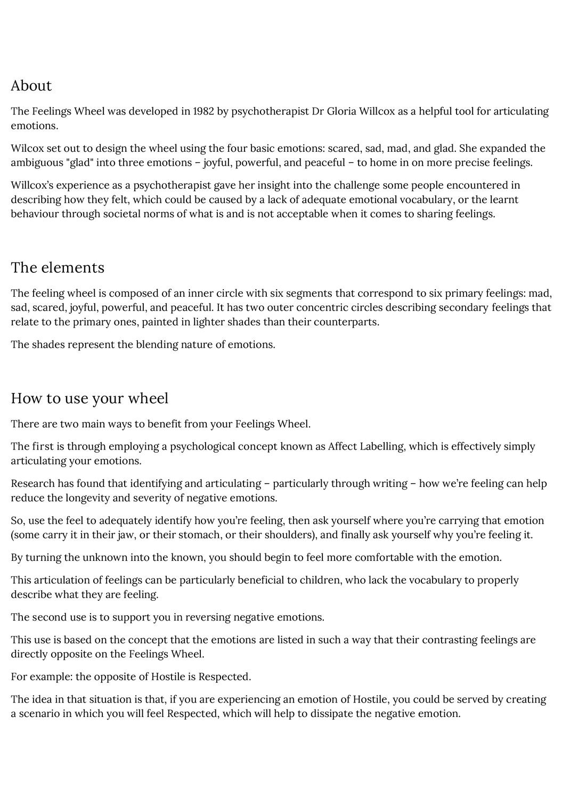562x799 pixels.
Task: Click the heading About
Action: (31, 86)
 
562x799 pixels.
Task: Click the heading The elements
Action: (58, 267)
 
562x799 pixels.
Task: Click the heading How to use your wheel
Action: (89, 398)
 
